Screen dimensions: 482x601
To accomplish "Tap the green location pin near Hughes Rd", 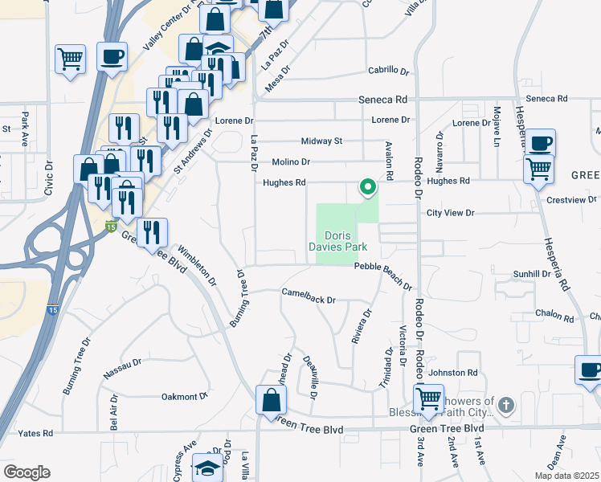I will [x=368, y=187].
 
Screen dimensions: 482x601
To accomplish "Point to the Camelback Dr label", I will [x=308, y=297].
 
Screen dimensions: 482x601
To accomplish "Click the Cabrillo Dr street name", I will [x=389, y=71].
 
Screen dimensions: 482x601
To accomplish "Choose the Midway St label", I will [x=321, y=141].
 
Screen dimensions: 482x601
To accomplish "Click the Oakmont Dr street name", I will [x=184, y=396].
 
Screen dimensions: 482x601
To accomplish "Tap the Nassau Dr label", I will [x=122, y=370].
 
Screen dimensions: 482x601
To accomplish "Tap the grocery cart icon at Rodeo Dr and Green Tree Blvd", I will [x=429, y=398].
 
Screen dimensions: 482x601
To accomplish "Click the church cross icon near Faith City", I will [x=505, y=405].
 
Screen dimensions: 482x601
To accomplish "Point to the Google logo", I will [x=27, y=472].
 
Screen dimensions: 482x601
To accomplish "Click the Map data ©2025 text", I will [x=566, y=476].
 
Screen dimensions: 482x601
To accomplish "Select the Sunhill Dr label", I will [x=531, y=274].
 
